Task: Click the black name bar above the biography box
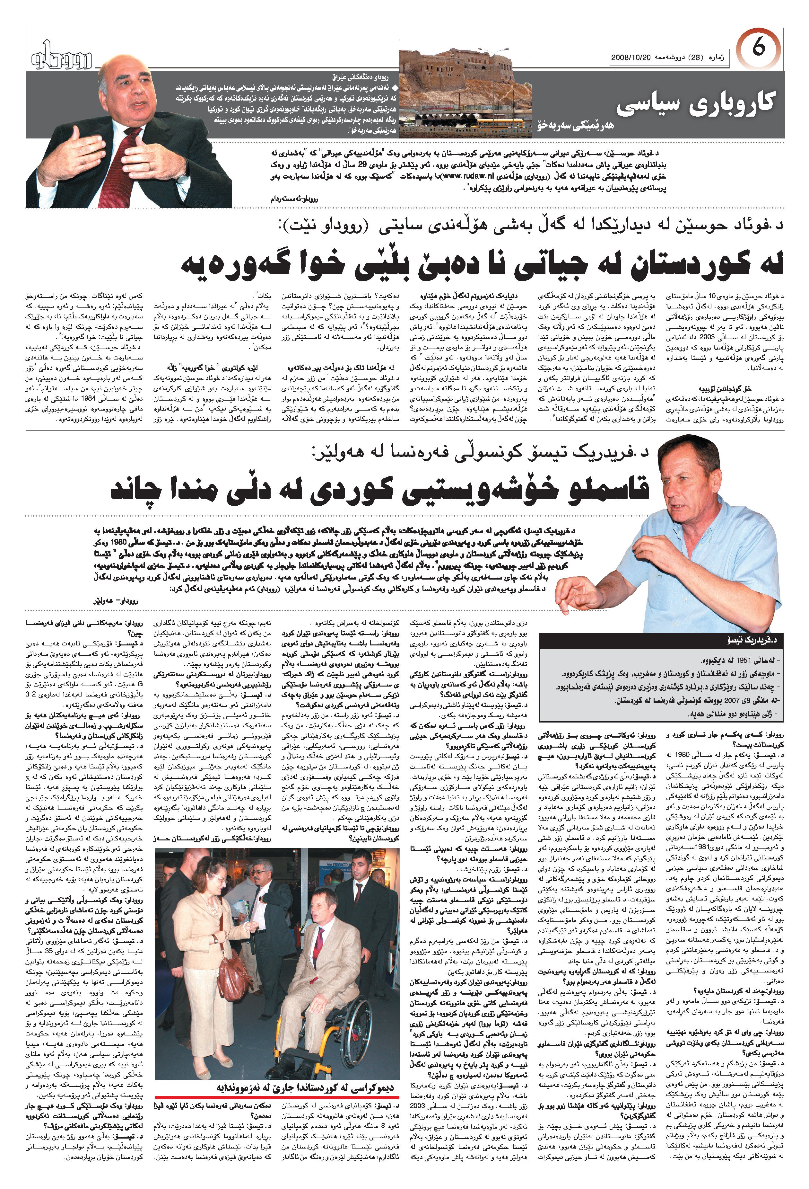(662, 640)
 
